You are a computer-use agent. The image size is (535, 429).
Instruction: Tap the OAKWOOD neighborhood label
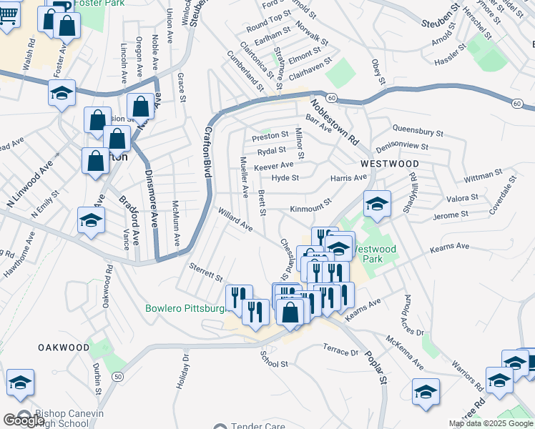tap(64, 347)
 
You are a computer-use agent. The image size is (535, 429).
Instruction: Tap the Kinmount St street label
tap(312, 208)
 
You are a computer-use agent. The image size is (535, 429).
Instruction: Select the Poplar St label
tap(374, 368)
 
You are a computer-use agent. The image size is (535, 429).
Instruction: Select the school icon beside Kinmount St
tap(377, 204)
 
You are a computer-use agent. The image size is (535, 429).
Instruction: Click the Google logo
tap(24, 420)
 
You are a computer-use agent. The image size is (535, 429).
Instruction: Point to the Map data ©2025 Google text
tap(491, 423)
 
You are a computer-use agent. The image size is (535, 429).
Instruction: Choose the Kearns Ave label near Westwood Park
tap(449, 247)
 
